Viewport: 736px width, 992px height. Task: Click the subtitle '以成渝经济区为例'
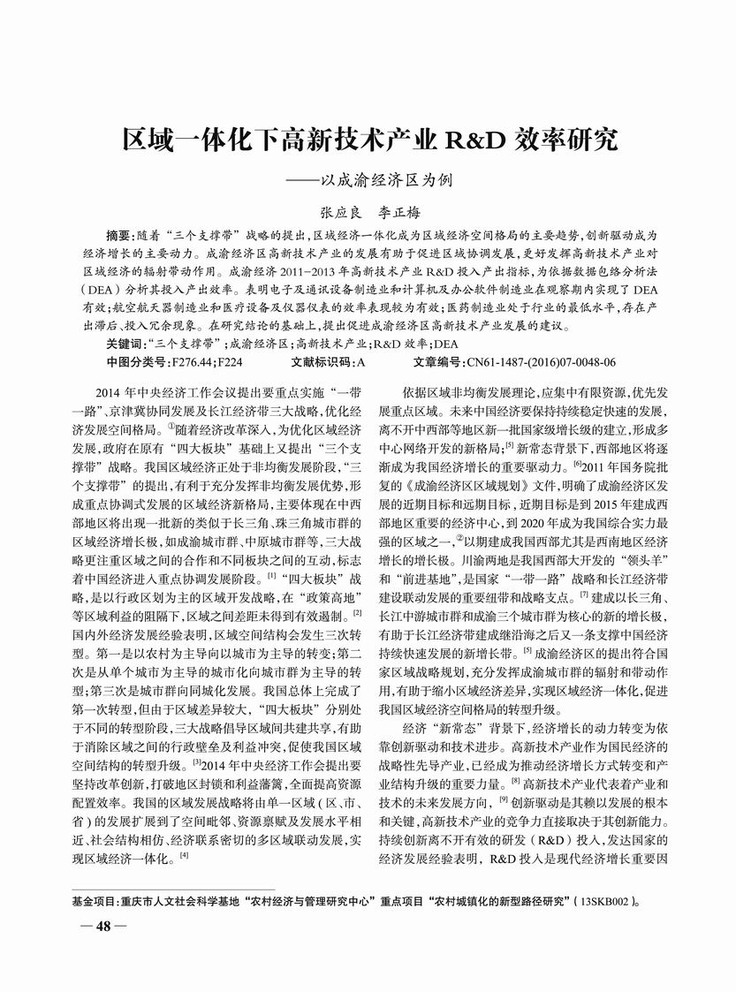391,179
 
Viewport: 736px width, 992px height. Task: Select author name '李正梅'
398,213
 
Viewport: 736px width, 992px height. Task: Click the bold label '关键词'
124,344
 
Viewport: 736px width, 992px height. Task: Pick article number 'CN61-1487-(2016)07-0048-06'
541,362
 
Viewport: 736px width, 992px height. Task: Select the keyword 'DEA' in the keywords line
448,344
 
